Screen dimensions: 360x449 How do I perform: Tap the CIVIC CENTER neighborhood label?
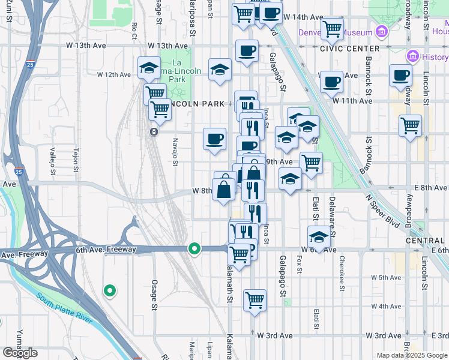click(x=349, y=48)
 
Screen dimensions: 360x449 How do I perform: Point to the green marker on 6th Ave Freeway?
click(x=194, y=248)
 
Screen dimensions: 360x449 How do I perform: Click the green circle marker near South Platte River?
click(x=109, y=291)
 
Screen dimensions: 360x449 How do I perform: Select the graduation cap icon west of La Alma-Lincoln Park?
click(x=149, y=68)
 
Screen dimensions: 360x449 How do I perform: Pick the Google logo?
click(x=20, y=353)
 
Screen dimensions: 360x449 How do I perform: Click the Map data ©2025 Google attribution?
click(x=412, y=355)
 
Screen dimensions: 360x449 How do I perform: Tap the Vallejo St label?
click(x=53, y=161)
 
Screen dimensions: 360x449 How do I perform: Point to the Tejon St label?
click(x=76, y=161)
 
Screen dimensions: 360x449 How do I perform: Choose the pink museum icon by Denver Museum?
click(x=379, y=32)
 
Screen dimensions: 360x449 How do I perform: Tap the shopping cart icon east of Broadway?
click(x=411, y=126)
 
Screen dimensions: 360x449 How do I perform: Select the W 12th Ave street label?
click(x=114, y=75)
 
